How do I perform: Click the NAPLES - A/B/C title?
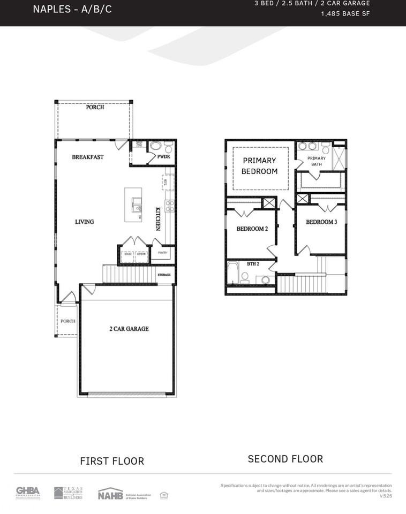click(x=72, y=9)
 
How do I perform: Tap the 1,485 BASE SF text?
click(x=345, y=14)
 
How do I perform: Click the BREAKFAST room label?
click(x=88, y=157)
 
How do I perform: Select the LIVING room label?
click(x=84, y=222)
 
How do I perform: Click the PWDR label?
click(x=163, y=157)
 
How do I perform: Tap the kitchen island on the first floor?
click(x=133, y=205)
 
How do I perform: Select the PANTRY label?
click(x=162, y=253)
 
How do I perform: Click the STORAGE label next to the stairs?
click(x=164, y=275)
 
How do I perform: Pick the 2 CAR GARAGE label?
click(x=129, y=329)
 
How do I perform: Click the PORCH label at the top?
click(x=95, y=107)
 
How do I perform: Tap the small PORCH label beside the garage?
click(x=67, y=321)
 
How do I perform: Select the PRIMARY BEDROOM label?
click(x=260, y=166)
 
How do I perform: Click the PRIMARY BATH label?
click(x=316, y=161)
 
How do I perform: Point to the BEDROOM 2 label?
click(x=252, y=229)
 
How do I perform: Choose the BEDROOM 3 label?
click(x=321, y=222)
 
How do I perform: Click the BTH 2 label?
click(x=253, y=264)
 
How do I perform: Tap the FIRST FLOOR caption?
click(x=112, y=461)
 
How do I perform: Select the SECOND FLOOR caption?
click(x=285, y=459)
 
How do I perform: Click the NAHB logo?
click(x=110, y=494)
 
